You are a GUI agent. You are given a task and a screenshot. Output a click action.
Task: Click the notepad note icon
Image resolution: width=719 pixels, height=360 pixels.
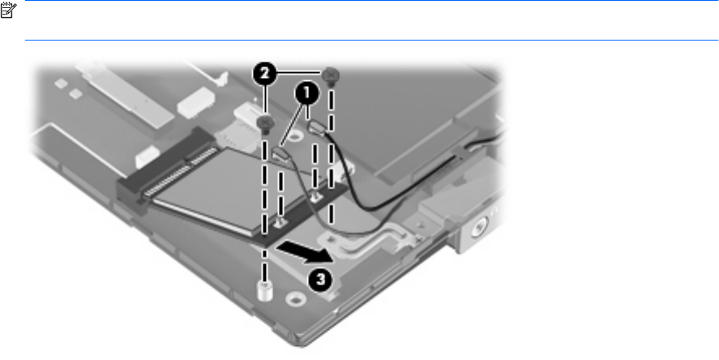[8, 10]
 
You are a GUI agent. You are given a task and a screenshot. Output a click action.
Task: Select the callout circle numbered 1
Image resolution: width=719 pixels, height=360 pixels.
[306, 94]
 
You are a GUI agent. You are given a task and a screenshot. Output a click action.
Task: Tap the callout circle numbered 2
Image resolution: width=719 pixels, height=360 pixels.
[264, 74]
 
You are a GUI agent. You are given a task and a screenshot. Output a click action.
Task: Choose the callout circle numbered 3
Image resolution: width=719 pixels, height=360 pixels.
[320, 279]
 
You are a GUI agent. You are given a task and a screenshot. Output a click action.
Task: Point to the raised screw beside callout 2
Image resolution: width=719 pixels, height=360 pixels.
[330, 75]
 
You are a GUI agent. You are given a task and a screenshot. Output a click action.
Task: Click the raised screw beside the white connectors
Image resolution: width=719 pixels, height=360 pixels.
[266, 123]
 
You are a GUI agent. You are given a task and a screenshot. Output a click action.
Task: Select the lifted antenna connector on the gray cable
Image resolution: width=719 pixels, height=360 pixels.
[280, 153]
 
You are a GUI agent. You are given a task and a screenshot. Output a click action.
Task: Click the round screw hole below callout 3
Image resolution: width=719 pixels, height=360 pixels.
[293, 299]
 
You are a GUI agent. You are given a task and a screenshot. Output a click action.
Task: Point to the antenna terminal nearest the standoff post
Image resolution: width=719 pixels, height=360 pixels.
[280, 223]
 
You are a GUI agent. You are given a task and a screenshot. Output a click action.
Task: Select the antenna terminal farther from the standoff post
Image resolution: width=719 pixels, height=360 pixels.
[315, 198]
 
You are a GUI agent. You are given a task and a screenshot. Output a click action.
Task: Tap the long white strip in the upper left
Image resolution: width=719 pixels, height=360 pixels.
[125, 95]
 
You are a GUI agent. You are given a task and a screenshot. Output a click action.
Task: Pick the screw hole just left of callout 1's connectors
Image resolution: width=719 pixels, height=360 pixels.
[295, 135]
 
